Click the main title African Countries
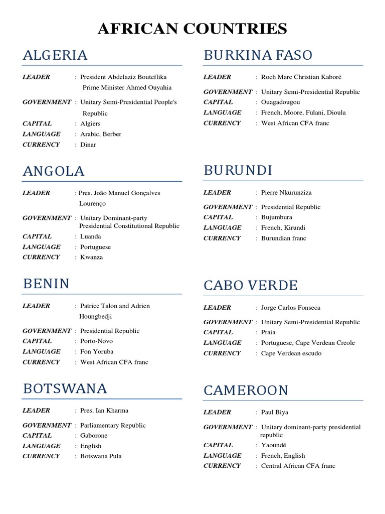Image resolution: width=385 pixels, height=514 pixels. click(192, 29)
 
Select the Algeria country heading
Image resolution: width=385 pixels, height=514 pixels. click(55, 55)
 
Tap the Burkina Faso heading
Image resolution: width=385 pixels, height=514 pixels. click(258, 55)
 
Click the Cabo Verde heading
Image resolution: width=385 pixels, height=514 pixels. click(251, 286)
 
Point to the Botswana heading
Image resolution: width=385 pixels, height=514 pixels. click(65, 389)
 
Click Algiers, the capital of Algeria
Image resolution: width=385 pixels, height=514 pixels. click(90, 123)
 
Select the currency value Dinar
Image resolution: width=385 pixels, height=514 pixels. click(88, 145)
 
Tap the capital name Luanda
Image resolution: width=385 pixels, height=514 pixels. click(91, 236)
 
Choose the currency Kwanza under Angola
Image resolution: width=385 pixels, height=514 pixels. click(91, 257)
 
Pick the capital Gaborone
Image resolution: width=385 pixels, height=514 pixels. click(94, 436)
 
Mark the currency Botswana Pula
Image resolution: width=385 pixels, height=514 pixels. click(101, 456)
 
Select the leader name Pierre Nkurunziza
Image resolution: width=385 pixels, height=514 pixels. click(286, 192)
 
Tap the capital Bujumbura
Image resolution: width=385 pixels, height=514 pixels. click(277, 217)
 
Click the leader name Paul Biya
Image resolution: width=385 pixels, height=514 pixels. click(275, 412)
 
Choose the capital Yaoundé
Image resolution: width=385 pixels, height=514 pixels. click(274, 445)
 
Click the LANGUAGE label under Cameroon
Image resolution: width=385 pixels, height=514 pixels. click(223, 456)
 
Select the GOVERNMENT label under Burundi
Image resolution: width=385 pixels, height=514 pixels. click(228, 207)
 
